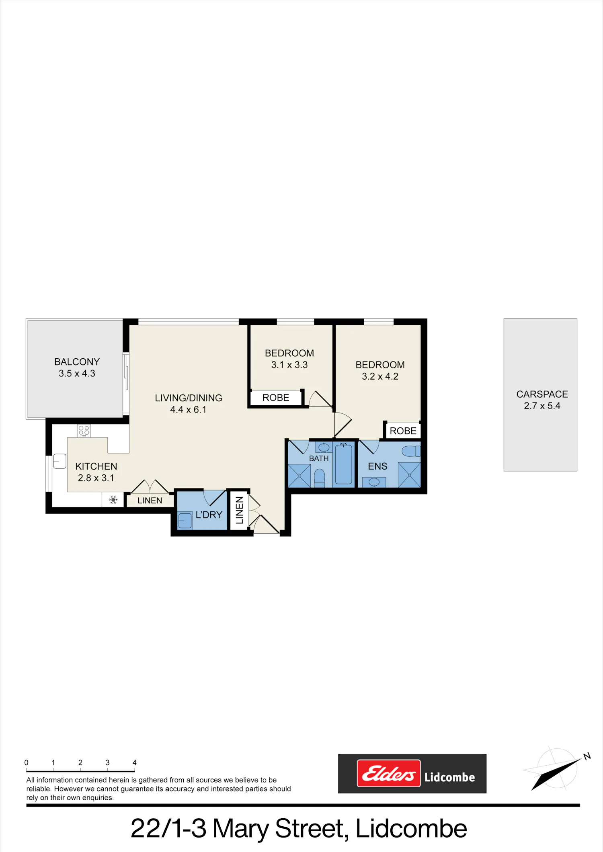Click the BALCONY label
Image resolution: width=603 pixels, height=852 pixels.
pyautogui.click(x=77, y=362)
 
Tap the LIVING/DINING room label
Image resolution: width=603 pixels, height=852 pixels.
pyautogui.click(x=189, y=398)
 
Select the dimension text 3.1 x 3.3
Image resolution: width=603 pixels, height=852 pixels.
pyautogui.click(x=289, y=365)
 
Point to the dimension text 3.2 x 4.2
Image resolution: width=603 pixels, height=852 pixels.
pyautogui.click(x=380, y=376)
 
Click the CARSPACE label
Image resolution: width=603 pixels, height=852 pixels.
pyautogui.click(x=542, y=394)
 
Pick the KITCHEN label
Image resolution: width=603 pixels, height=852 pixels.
pyautogui.click(x=96, y=466)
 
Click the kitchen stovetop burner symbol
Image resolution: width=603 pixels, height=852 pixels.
pyautogui.click(x=84, y=431)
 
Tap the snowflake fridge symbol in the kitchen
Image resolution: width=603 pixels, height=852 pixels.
pyautogui.click(x=113, y=500)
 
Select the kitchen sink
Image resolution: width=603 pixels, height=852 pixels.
pyautogui.click(x=60, y=461)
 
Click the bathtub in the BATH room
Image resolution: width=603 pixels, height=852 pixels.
pyautogui.click(x=344, y=464)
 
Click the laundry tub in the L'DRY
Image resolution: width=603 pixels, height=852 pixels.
pyautogui.click(x=185, y=521)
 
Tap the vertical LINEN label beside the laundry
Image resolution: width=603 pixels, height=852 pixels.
pyautogui.click(x=239, y=510)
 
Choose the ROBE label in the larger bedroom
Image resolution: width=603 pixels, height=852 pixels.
pyautogui.click(x=403, y=431)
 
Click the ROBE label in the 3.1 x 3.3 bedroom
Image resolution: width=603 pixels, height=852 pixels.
pyautogui.click(x=276, y=398)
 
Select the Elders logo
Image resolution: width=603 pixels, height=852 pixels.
pyautogui.click(x=389, y=773)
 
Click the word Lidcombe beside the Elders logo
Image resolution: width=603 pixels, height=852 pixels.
pyautogui.click(x=449, y=777)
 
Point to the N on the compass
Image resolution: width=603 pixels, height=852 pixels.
pyautogui.click(x=587, y=756)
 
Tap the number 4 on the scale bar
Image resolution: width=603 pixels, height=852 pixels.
pyautogui.click(x=135, y=762)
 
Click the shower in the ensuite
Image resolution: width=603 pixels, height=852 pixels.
pyautogui.click(x=409, y=475)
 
